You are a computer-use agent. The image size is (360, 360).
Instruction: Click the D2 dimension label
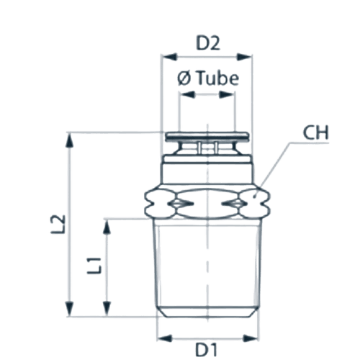[208, 43]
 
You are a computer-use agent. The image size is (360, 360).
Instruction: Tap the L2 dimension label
[58, 224]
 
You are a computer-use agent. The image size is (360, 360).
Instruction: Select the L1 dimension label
[94, 266]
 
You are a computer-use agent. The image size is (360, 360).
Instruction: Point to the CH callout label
[315, 132]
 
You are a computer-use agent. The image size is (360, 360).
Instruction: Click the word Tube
[218, 78]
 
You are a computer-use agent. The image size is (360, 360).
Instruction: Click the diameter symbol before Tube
[184, 78]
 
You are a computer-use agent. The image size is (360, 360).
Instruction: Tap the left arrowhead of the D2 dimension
[169, 57]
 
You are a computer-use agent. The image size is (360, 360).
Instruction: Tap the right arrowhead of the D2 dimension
[244, 57]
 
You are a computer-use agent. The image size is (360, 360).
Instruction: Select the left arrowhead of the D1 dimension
[165, 338]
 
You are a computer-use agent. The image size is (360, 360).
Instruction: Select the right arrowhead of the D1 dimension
[251, 338]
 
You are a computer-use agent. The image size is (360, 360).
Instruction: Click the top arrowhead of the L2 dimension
[70, 140]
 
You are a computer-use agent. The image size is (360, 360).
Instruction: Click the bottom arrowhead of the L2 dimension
[70, 309]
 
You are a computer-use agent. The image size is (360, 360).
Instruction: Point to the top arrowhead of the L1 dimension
[107, 226]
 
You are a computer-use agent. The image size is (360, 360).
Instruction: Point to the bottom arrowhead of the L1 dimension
[107, 309]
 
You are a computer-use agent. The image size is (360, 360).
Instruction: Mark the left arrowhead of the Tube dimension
[187, 94]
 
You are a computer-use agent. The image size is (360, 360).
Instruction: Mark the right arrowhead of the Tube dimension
[227, 94]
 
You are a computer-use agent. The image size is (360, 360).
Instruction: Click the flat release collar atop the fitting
[207, 136]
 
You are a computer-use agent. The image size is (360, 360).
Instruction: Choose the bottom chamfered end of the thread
[208, 312]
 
